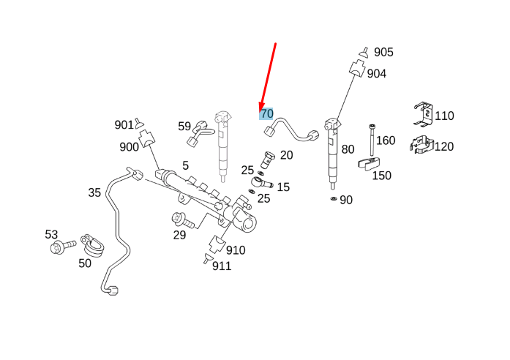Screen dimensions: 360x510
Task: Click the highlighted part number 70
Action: (266, 113)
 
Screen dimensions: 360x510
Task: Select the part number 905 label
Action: (383, 52)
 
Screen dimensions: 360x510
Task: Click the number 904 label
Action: (376, 73)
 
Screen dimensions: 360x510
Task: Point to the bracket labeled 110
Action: (421, 114)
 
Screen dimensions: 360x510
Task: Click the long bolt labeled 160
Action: (372, 141)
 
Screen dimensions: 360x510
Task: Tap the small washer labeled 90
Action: (333, 198)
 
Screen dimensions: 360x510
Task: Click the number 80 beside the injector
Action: (348, 149)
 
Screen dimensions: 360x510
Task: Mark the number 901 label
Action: (124, 124)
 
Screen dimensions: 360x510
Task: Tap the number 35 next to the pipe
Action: (94, 192)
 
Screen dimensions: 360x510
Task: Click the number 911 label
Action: (221, 266)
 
